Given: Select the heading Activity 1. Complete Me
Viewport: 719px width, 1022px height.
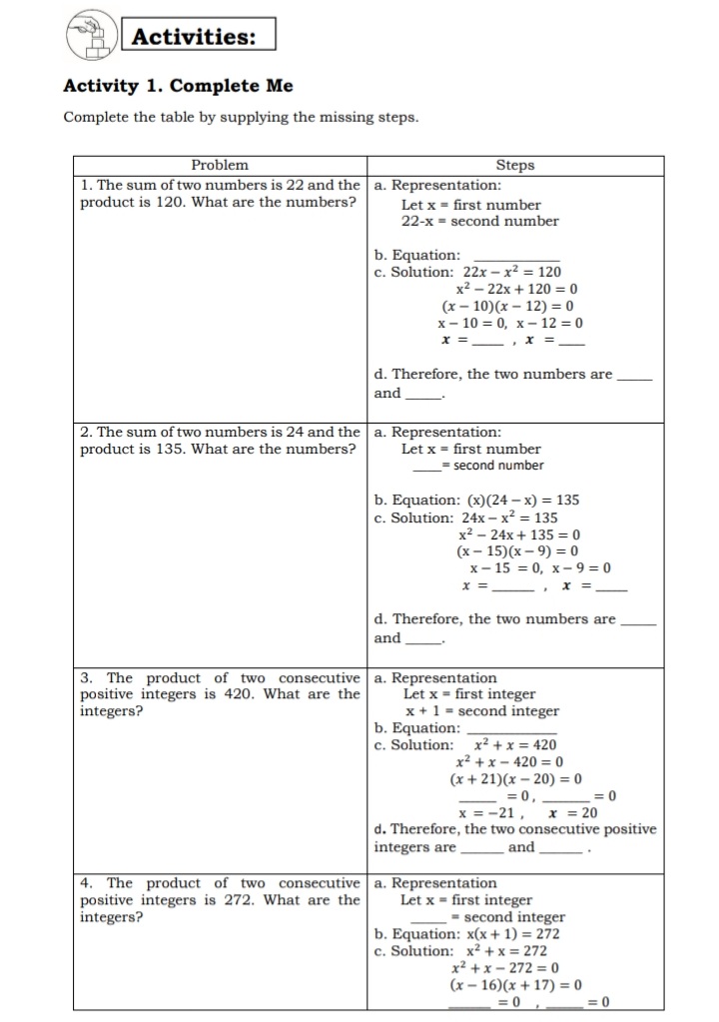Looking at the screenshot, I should pos(178,86).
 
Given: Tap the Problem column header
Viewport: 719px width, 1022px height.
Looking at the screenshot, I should pos(220,165).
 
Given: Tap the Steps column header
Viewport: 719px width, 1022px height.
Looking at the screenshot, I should pos(514,165).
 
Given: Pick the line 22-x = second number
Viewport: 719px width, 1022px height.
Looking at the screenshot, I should pos(479,221).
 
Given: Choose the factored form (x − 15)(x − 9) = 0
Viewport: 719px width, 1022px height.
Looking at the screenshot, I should pos(517,550).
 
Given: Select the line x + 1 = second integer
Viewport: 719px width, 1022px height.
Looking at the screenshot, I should pos(481,711).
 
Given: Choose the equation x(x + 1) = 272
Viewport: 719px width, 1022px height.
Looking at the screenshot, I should pos(509,934).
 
